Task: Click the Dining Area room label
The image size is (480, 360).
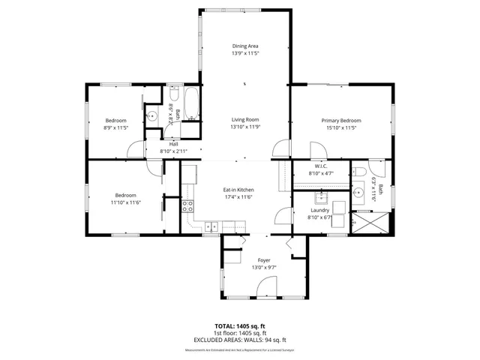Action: click(x=244, y=46)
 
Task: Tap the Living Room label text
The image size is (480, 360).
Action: click(x=244, y=119)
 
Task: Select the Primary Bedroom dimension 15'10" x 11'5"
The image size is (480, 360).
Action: click(x=340, y=128)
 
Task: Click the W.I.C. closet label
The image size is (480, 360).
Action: click(x=320, y=166)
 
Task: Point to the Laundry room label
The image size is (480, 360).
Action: click(x=320, y=211)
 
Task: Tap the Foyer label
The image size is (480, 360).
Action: click(x=264, y=260)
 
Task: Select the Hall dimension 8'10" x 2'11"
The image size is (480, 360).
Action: click(x=172, y=151)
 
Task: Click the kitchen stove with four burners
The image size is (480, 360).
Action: click(x=187, y=206)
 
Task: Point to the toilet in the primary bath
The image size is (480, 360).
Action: click(x=358, y=173)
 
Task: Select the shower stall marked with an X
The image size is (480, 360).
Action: click(x=373, y=222)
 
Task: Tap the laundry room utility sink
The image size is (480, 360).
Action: click(x=319, y=198)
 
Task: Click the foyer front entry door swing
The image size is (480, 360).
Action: click(x=264, y=286)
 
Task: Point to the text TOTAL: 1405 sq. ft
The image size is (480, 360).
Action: click(x=240, y=326)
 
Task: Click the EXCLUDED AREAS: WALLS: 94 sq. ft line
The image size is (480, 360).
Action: click(x=240, y=340)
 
